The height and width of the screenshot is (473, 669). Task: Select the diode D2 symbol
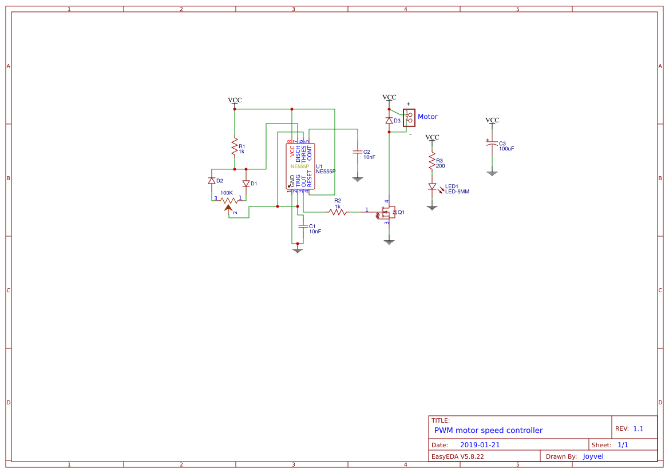point(212,181)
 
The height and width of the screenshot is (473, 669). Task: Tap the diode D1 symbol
point(246,184)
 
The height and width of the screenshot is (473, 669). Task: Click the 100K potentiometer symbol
point(229,201)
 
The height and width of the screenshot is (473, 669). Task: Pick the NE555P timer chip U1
point(300,166)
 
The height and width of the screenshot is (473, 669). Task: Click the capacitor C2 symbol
point(358,153)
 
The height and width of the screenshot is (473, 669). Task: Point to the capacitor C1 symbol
point(303,226)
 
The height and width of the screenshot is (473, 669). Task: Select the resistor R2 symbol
point(337,212)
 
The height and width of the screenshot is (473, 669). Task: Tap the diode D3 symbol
point(389,121)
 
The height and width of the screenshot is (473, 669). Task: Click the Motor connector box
point(409,117)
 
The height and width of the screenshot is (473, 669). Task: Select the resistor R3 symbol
point(432,162)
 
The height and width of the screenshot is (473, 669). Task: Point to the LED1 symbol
point(432,187)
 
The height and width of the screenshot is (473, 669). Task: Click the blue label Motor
point(427,117)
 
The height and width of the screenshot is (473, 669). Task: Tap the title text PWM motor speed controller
point(488,430)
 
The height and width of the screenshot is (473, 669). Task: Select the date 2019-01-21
point(480,445)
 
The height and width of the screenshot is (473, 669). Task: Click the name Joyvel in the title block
point(593,456)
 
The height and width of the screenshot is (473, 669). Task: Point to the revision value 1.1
point(638,428)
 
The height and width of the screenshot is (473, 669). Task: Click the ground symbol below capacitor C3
point(492,173)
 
